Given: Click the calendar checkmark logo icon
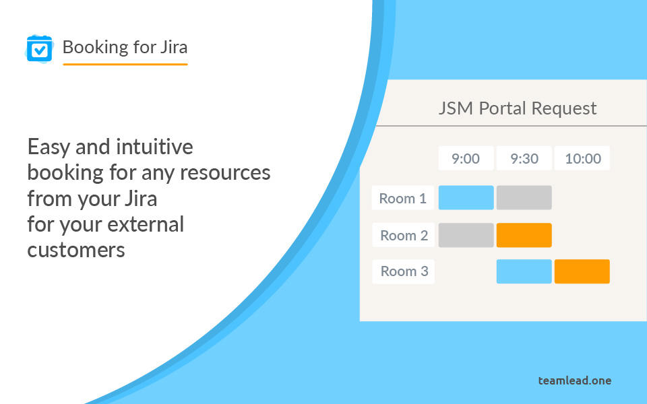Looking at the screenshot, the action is tap(40, 49).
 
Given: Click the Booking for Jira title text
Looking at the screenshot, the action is tap(125, 47).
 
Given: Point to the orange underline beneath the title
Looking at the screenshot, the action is tap(125, 65).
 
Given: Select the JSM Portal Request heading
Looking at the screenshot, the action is tap(518, 108).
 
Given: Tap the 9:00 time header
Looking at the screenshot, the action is tap(466, 158).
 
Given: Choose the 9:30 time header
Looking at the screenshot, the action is tap(524, 158).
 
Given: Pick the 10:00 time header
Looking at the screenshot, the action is tap(582, 158).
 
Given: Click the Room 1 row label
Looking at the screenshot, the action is tap(403, 198).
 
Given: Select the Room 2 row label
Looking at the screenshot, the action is tap(403, 235).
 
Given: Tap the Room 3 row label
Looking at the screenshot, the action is tap(403, 271).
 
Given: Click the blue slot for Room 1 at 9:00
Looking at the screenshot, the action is tap(466, 197).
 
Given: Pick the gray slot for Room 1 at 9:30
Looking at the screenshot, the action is tap(524, 197).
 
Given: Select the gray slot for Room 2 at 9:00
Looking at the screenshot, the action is tap(466, 235).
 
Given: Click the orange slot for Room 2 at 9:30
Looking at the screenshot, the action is tap(524, 235).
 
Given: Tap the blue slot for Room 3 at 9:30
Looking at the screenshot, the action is tap(524, 271).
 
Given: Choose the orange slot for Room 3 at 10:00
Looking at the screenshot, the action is tap(582, 271).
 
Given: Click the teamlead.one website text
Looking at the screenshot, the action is tap(575, 380).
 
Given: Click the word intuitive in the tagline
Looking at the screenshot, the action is tap(154, 147).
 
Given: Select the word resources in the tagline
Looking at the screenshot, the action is tap(225, 173).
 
